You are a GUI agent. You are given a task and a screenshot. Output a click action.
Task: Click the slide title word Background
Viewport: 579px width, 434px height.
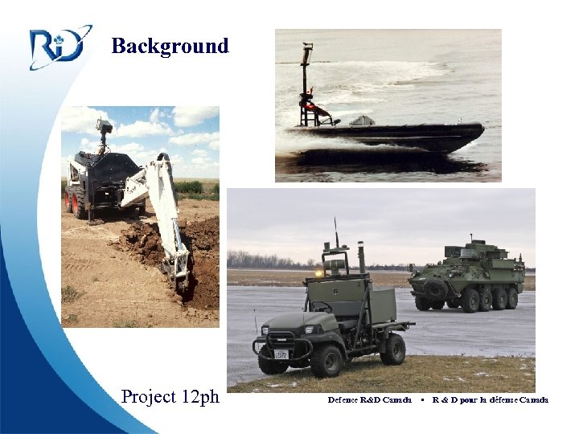point(170,46)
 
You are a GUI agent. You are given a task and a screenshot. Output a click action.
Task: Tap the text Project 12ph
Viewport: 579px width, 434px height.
point(170,396)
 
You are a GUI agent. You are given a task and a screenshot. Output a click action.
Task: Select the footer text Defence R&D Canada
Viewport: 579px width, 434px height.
point(369,399)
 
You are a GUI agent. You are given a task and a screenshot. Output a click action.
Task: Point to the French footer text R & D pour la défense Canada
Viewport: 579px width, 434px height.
point(490,399)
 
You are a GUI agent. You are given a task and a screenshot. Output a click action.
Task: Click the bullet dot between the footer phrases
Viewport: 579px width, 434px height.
point(422,399)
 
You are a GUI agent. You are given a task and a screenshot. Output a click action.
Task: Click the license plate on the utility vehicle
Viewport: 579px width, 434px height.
point(281,353)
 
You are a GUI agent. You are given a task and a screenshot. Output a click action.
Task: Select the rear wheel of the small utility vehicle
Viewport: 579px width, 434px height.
point(392,348)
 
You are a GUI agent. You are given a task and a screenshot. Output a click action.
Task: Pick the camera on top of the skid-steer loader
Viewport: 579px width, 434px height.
point(103,127)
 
